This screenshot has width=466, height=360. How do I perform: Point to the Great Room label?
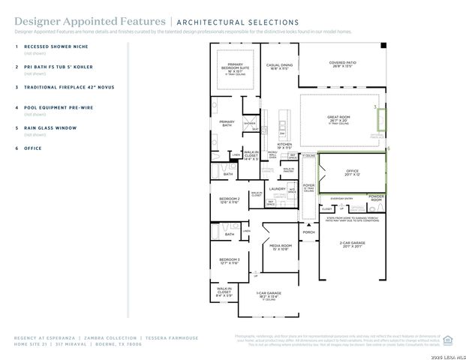[340, 118]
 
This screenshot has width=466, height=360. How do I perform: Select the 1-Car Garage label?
[269, 295]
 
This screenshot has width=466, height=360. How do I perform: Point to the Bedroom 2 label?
[229, 201]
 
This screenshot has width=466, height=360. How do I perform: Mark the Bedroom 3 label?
[229, 261]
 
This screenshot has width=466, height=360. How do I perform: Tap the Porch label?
[308, 232]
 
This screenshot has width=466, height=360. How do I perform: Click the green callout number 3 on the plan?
[375, 107]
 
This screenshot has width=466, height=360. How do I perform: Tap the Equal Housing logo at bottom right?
[449, 339]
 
